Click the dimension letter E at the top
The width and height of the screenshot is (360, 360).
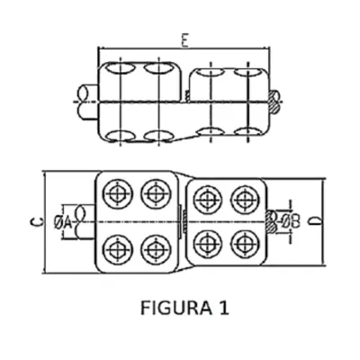pyautogui.click(x=184, y=41)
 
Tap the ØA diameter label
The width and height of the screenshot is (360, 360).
pyautogui.click(x=63, y=222)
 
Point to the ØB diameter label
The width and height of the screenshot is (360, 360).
pyautogui.click(x=291, y=222)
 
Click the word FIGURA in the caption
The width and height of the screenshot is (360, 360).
pyautogui.click(x=175, y=308)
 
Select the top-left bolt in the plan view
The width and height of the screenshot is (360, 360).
pyautogui.click(x=117, y=193)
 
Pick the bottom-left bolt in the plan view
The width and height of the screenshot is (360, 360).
pyautogui.click(x=117, y=249)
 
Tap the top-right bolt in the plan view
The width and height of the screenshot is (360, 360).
pyautogui.click(x=246, y=200)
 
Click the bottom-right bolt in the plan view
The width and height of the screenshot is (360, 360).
pyautogui.click(x=246, y=245)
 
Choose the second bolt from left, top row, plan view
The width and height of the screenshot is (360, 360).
pyautogui.click(x=156, y=193)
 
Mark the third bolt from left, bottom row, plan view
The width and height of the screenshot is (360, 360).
pyautogui.click(x=208, y=245)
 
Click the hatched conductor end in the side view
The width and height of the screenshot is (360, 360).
pyautogui.click(x=274, y=102)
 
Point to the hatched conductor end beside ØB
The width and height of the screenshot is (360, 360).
pyautogui.click(x=272, y=222)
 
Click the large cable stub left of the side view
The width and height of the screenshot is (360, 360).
pyautogui.click(x=87, y=103)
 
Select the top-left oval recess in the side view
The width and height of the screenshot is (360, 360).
pyautogui.click(x=120, y=68)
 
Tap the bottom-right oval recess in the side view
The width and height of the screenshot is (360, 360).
pyautogui.click(x=247, y=131)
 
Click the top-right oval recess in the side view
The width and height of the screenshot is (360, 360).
pyautogui.click(x=247, y=72)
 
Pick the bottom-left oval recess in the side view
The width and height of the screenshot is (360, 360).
pyautogui.click(x=120, y=136)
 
